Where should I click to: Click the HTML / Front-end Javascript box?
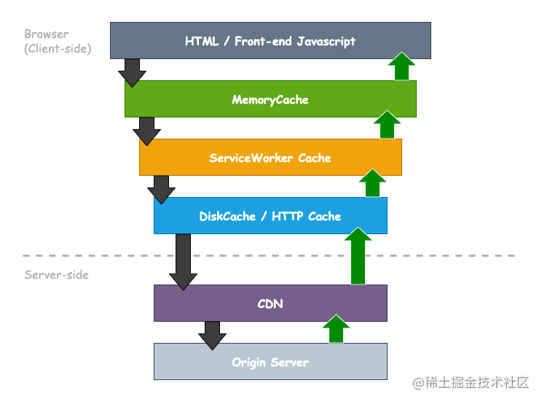pos(270,40)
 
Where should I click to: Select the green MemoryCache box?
pos(270,99)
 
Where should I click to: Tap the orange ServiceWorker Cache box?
pos(270,158)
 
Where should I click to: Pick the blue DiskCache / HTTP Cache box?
pos(270,216)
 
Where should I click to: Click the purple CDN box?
pos(270,304)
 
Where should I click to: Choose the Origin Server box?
pos(270,362)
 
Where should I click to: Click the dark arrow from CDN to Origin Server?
pos(212,336)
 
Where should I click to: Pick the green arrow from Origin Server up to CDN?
pos(336,330)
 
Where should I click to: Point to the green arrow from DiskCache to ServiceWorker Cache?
pos(373,184)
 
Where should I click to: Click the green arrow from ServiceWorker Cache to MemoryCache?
pos(388,125)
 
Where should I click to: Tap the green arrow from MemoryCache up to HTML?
pos(401,67)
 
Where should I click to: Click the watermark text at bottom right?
pos(469,382)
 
